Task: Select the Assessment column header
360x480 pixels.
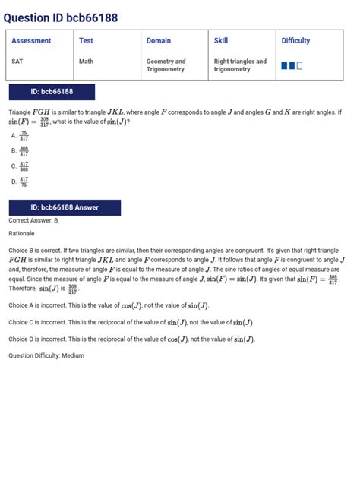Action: point(31,41)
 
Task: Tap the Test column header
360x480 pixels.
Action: point(86,41)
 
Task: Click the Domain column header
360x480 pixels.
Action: point(158,41)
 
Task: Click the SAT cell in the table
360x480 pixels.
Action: point(17,62)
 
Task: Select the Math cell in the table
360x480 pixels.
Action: point(87,62)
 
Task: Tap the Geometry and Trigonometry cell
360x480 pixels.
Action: point(166,65)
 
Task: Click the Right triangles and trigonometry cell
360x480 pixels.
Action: point(240,65)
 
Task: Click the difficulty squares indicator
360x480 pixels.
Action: point(292,66)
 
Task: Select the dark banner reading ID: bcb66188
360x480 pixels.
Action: point(52,92)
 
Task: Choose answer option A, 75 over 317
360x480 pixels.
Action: point(21,135)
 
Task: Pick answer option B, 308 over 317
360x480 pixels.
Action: point(21,150)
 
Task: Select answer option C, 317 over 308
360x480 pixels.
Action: point(21,166)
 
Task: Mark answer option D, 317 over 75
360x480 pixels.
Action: point(21,182)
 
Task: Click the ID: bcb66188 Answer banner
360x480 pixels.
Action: point(65,207)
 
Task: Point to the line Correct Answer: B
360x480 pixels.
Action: point(33,221)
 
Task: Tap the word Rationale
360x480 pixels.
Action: point(23,233)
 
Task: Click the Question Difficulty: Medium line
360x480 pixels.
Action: point(46,355)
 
